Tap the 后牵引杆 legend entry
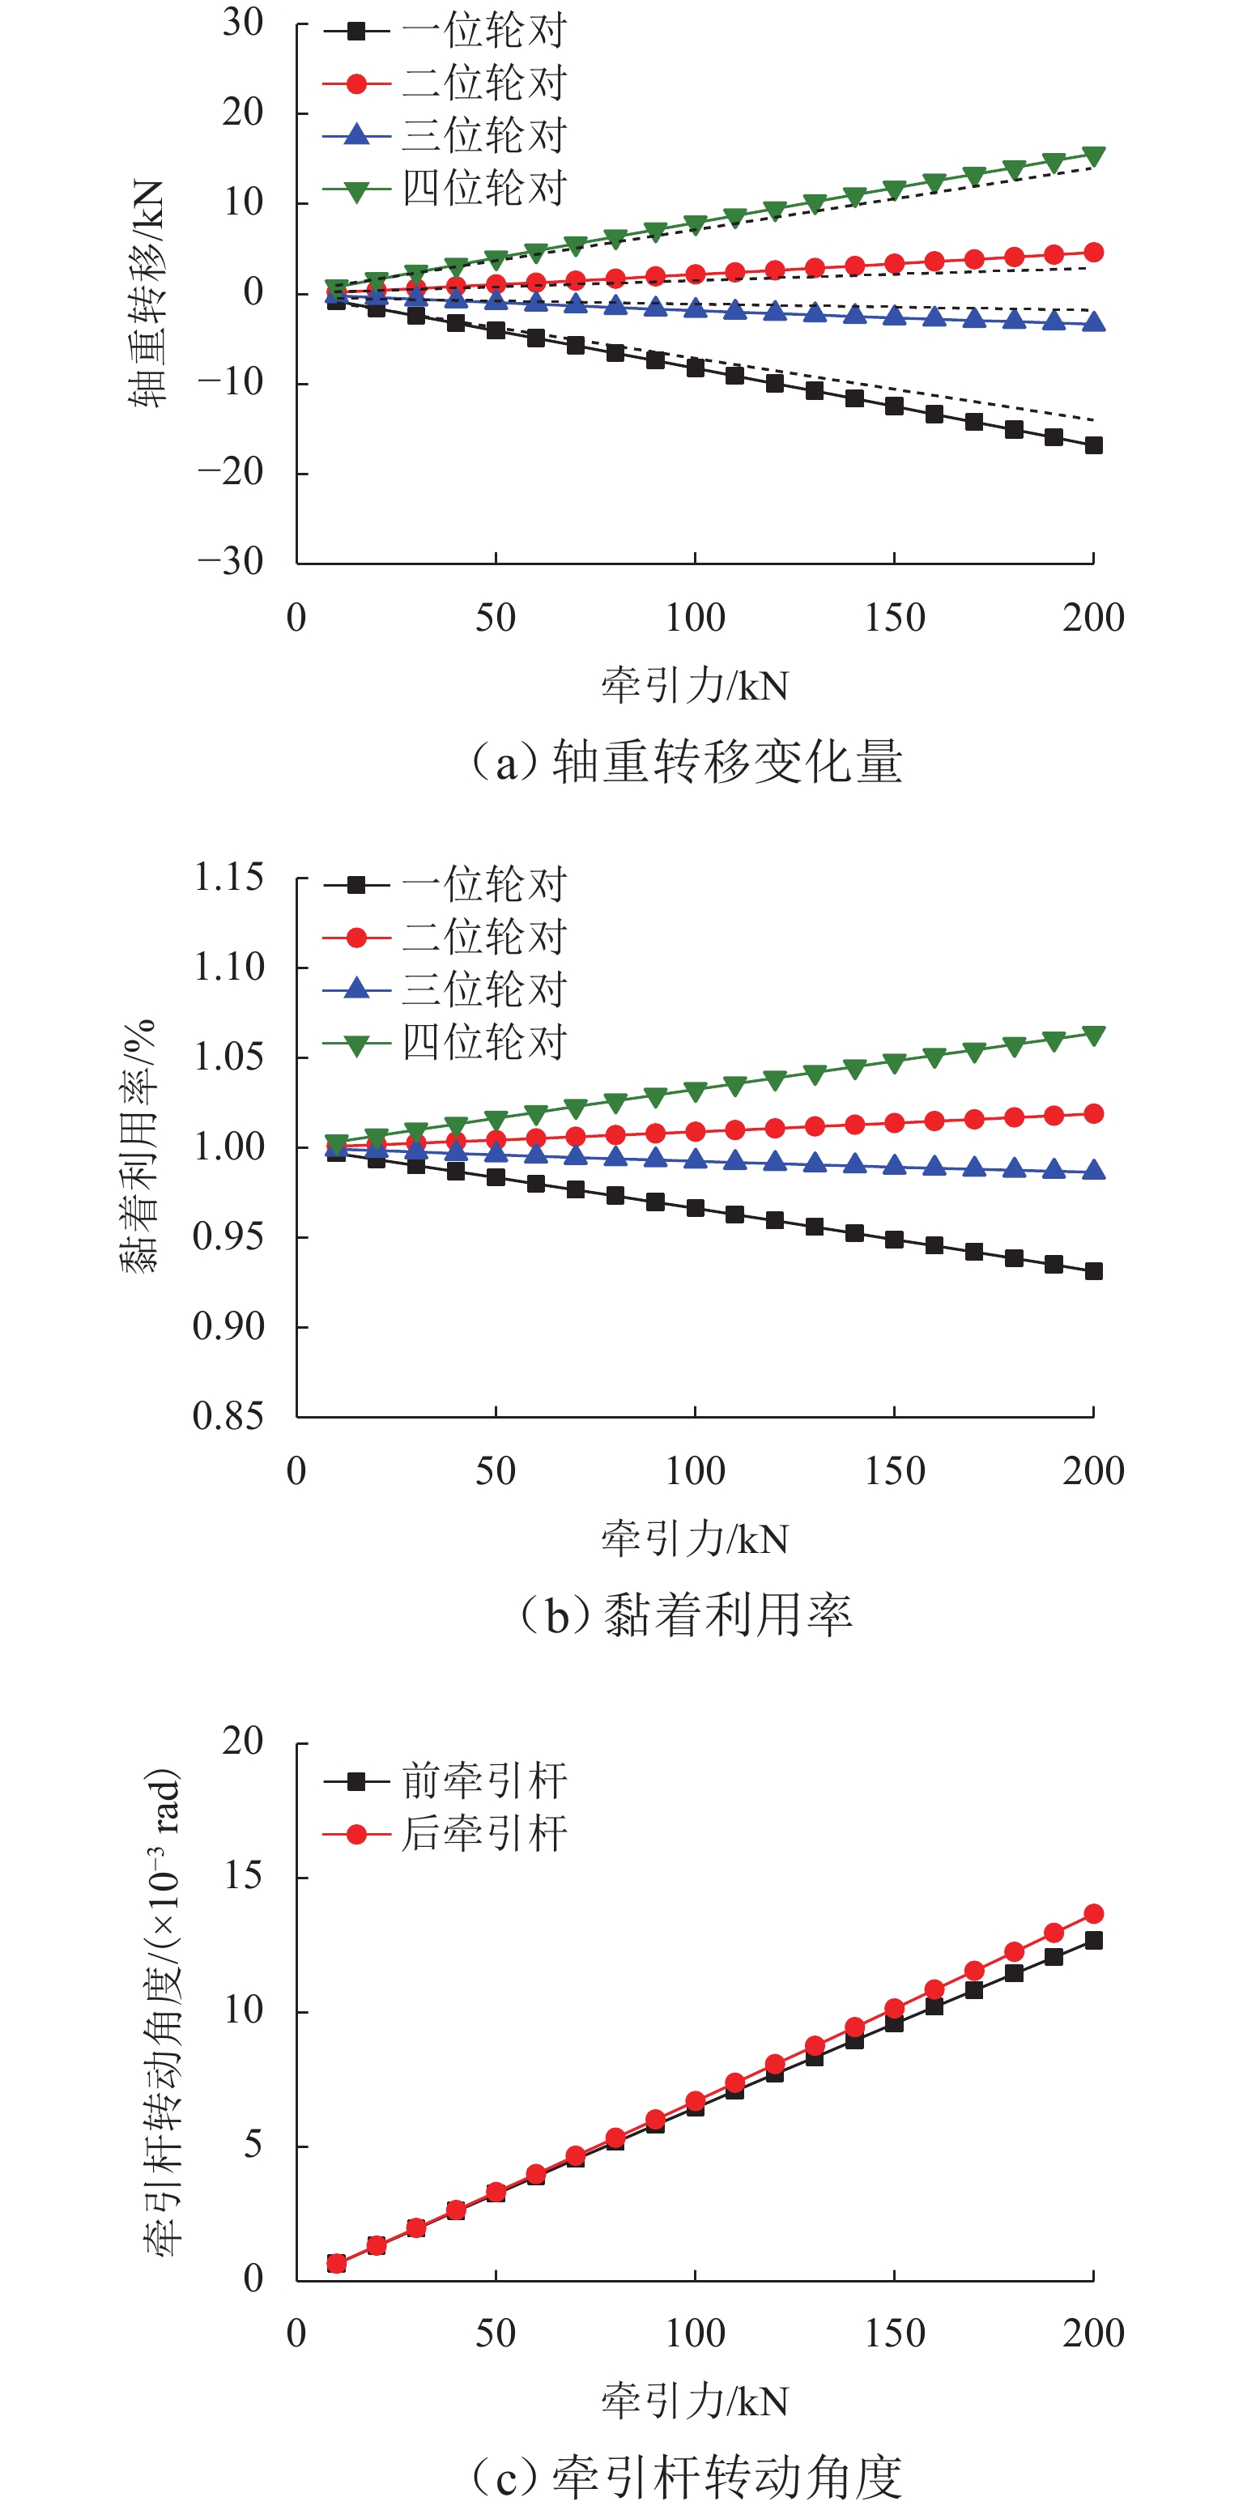484,1833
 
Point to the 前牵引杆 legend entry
484,1780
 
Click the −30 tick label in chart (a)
232,561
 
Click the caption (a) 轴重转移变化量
687,762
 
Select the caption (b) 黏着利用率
687,1614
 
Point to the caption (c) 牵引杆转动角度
687,2476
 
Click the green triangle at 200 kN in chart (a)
1093,156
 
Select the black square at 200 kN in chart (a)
1093,445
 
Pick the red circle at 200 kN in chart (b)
1093,1114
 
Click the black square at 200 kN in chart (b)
1093,1270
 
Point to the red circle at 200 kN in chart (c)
1093,1914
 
